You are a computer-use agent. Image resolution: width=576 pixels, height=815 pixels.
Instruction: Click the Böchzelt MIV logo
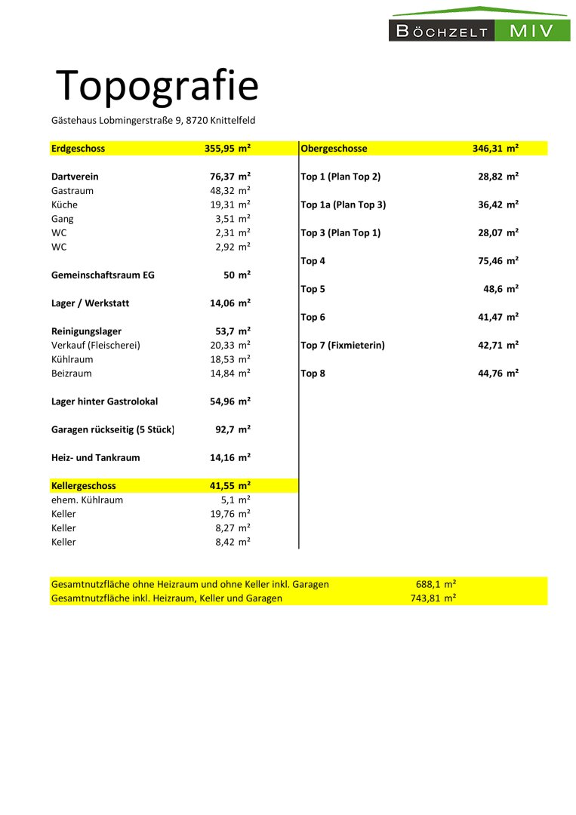(x=479, y=25)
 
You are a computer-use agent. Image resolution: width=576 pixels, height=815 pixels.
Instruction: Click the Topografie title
(x=157, y=85)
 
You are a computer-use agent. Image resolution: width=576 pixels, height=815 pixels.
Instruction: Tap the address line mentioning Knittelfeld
(x=153, y=120)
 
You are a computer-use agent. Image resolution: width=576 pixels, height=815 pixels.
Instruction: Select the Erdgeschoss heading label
(x=78, y=149)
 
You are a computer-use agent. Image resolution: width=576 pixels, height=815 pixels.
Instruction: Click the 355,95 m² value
(x=227, y=149)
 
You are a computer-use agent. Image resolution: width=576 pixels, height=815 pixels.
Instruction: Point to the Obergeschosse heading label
(x=334, y=149)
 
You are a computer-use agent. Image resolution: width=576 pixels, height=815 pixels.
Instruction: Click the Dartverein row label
(x=75, y=177)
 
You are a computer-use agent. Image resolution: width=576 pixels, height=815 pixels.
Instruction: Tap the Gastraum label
(x=72, y=191)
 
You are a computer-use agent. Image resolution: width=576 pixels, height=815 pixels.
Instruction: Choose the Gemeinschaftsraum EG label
(x=103, y=275)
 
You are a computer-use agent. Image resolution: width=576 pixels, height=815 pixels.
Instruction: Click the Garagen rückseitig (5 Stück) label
(x=112, y=429)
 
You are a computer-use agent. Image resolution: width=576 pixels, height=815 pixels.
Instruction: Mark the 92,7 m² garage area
(x=233, y=429)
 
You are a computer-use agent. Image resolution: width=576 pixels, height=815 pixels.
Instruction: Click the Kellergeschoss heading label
(x=83, y=486)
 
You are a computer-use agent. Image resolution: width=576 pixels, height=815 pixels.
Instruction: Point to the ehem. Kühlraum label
(x=87, y=500)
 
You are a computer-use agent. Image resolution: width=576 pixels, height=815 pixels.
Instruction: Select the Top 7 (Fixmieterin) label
(x=343, y=346)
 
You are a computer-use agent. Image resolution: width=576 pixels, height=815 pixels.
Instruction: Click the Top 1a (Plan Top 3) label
(x=343, y=205)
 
